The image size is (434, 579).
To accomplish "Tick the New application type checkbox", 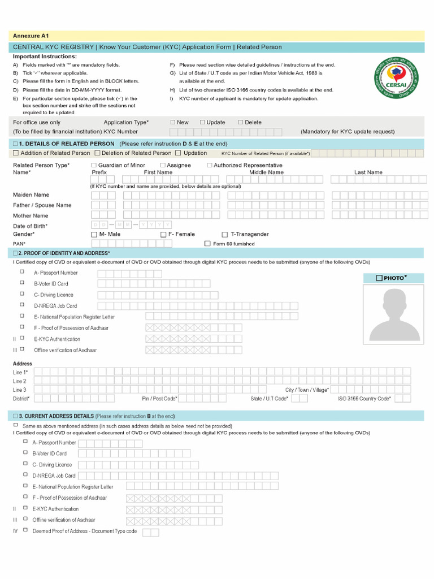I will click(173, 122).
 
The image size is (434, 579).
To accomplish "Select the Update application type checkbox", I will click(202, 122).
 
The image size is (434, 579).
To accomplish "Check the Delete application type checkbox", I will click(240, 122).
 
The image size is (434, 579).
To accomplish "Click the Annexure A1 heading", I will click(27, 36).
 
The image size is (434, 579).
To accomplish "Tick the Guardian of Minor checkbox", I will click(94, 165).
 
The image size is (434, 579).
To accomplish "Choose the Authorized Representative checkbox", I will click(209, 165).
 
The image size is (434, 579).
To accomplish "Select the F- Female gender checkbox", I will click(163, 235).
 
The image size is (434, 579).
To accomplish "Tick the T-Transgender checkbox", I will click(224, 235).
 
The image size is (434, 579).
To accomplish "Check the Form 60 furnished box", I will click(207, 244).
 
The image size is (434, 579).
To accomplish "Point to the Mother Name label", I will click(31, 215).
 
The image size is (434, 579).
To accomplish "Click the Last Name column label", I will click(368, 172).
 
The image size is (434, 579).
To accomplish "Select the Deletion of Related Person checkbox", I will click(97, 153).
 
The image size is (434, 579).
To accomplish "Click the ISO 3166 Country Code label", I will click(364, 399).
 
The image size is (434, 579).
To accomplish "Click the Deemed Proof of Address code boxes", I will click(151, 532).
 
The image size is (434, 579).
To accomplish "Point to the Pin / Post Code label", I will click(160, 399).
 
